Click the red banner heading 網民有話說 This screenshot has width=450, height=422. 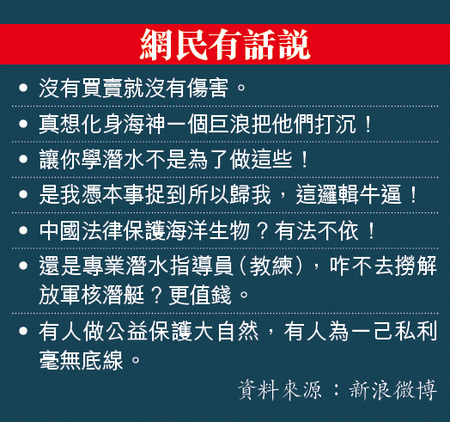coord(225,44)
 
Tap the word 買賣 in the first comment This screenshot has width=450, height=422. coord(102,88)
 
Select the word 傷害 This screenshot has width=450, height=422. coord(208,88)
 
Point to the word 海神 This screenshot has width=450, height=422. coord(144,125)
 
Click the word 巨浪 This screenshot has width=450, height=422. coord(229,125)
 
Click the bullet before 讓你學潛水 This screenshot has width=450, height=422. coord(23,159)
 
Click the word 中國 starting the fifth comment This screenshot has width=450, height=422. coord(60,230)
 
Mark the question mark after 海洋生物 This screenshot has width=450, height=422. coord(262,231)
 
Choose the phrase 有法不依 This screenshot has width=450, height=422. coord(317,230)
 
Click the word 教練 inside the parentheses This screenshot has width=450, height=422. coord(271,266)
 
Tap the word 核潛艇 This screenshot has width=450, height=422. coord(113,295)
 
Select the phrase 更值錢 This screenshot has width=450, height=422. coord(200,295)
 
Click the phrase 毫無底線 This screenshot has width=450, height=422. coord(82,360)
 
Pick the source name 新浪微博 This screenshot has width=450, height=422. coord(392,390)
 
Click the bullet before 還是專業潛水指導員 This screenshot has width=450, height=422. coord(23,266)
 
